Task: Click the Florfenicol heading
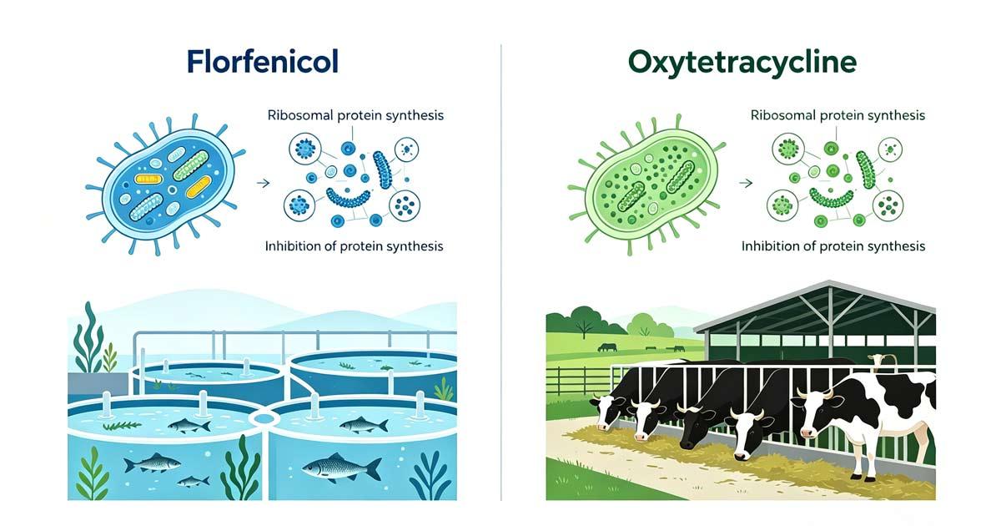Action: click(263, 62)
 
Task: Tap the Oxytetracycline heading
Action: click(742, 63)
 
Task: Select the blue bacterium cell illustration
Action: click(166, 185)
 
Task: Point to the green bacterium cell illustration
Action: click(646, 185)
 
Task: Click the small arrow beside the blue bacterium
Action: click(264, 183)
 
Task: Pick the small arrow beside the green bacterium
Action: click(746, 183)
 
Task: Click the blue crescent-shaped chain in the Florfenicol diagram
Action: click(348, 198)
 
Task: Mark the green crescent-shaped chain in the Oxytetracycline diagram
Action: click(832, 198)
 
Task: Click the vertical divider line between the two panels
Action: click(501, 272)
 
